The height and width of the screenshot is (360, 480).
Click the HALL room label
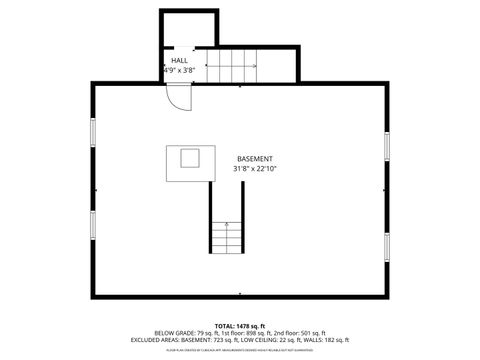coord(179,61)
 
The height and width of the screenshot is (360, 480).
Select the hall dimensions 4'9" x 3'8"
coord(179,71)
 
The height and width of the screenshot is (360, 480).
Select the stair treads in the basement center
coord(227,237)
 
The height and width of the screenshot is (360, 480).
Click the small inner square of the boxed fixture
coord(189,157)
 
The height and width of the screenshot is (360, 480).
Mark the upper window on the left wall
coord(93,132)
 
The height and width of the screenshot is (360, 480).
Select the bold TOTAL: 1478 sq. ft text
coord(239,326)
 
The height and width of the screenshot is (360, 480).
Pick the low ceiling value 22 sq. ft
coord(295,340)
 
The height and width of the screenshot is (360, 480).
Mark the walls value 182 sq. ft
coord(335,340)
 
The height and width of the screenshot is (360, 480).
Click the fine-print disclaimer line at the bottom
coord(239,350)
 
